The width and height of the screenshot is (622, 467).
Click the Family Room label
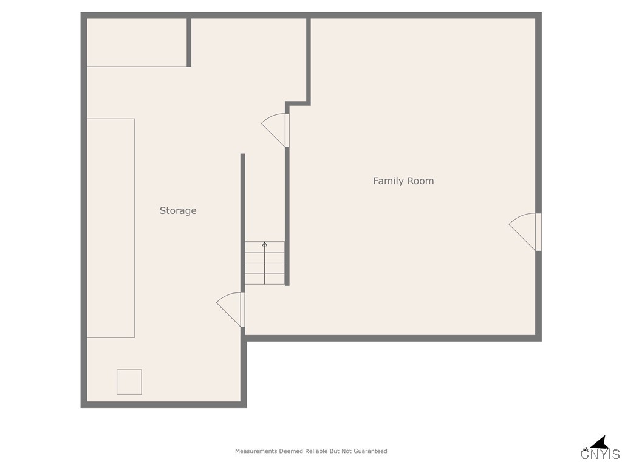[403, 181]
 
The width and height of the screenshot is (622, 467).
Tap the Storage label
[178, 210]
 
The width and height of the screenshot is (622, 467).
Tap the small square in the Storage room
[129, 382]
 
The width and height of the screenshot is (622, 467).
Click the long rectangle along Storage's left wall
[111, 228]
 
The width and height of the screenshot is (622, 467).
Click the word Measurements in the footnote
[256, 451]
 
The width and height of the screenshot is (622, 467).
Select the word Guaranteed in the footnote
[368, 451]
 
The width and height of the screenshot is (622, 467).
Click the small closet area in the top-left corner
[137, 42]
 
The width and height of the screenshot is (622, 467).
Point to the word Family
[387, 181]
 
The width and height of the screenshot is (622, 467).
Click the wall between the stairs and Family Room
[287, 213]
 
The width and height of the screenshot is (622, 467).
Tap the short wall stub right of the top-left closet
[189, 42]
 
